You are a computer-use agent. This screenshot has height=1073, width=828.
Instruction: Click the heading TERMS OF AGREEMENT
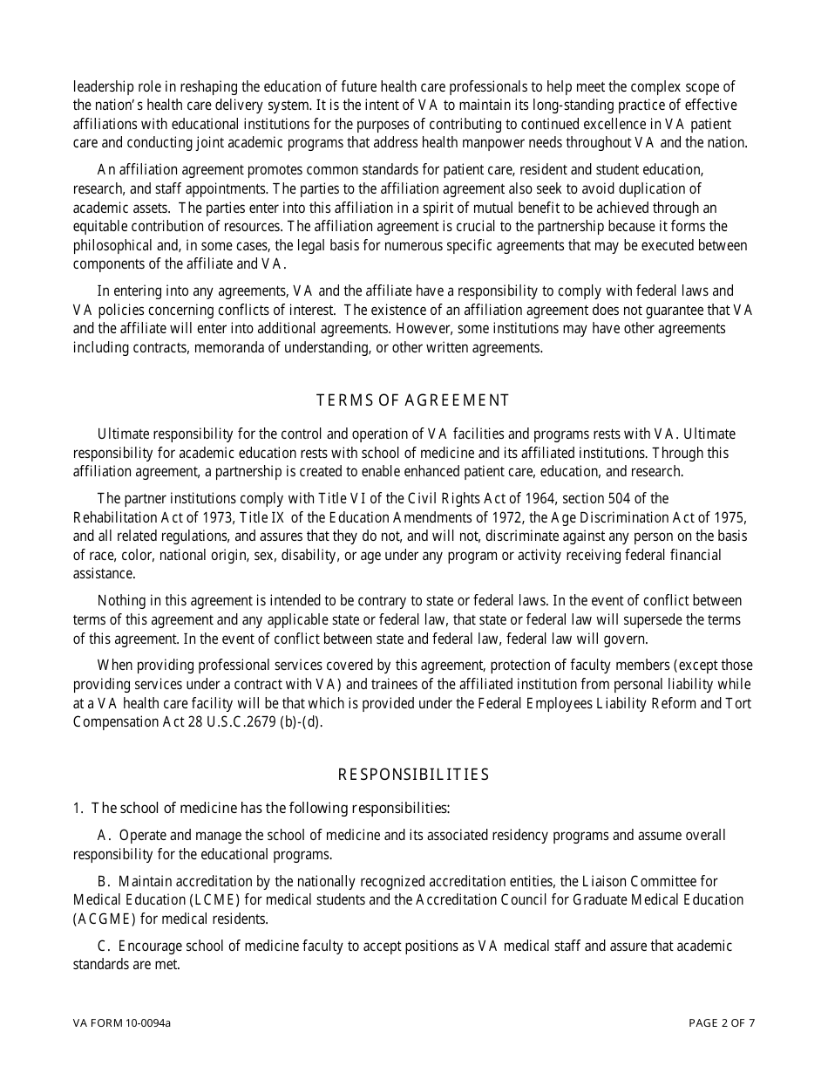pyautogui.click(x=412, y=400)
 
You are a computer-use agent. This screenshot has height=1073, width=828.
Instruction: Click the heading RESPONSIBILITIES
pyautogui.click(x=413, y=775)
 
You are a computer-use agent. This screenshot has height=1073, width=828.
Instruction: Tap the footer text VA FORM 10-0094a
pyautogui.click(x=122, y=1023)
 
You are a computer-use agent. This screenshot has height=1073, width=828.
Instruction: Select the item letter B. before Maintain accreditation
pyautogui.click(x=104, y=881)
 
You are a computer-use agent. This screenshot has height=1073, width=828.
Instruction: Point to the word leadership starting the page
pyautogui.click(x=103, y=86)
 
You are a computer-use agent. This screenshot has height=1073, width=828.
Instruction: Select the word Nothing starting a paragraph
pyautogui.click(x=122, y=600)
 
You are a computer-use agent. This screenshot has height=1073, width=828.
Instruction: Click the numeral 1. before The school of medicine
pyautogui.click(x=78, y=808)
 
